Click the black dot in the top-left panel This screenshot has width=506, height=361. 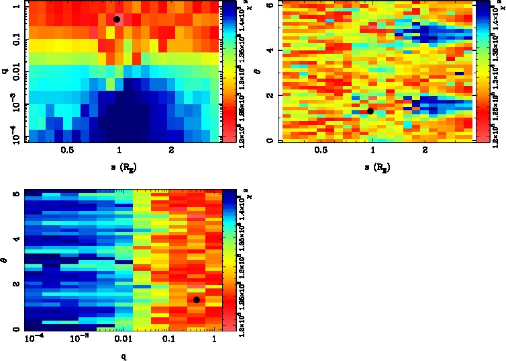tap(117, 19)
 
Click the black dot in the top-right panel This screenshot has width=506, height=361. tap(370, 111)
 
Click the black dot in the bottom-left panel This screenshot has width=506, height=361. tap(196, 300)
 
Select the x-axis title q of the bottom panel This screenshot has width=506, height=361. tap(123, 356)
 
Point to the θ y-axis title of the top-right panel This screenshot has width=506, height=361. tap(267, 71)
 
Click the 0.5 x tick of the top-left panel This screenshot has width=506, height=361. tap(67, 151)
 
